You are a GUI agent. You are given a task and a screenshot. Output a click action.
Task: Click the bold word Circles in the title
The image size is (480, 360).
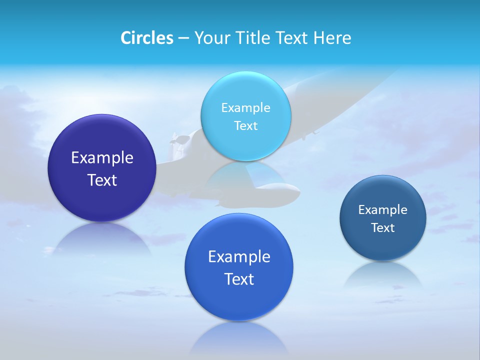click(147, 38)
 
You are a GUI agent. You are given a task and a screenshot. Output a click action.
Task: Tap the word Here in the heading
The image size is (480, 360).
click(332, 38)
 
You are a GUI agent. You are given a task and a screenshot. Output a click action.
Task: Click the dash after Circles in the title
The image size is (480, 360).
click(183, 38)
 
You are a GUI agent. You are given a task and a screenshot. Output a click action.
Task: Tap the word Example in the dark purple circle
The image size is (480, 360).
click(102, 158)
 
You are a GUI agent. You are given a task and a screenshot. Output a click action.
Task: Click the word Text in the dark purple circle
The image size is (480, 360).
click(102, 180)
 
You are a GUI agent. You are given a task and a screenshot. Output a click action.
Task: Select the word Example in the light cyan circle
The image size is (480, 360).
click(245, 108)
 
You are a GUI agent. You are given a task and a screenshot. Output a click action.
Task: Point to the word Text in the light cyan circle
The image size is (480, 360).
click(245, 126)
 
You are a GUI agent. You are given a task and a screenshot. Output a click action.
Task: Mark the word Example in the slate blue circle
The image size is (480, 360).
click(383, 210)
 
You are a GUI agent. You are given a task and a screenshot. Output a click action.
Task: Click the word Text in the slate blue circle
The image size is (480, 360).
click(383, 228)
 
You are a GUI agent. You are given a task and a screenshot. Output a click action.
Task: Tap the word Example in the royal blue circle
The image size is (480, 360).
click(239, 257)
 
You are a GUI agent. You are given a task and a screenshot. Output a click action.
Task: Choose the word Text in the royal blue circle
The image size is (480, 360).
click(239, 279)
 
